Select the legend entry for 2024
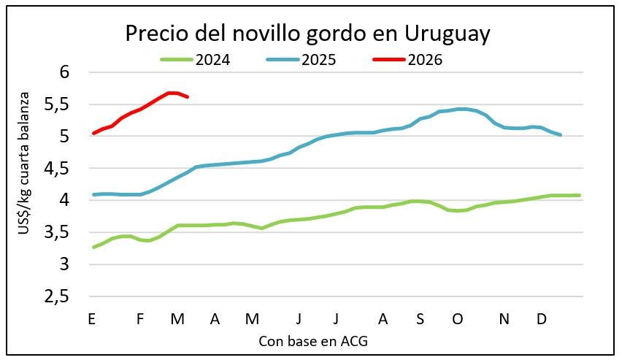(x=212, y=59)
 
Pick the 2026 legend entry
(x=424, y=59)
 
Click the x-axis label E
(x=91, y=319)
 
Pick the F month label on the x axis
(x=140, y=319)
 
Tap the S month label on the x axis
(x=420, y=319)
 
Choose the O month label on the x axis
(x=458, y=319)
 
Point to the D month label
(x=542, y=319)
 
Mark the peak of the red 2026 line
(x=172, y=93)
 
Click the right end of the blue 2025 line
(x=560, y=134)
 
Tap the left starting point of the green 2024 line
(x=93, y=248)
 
